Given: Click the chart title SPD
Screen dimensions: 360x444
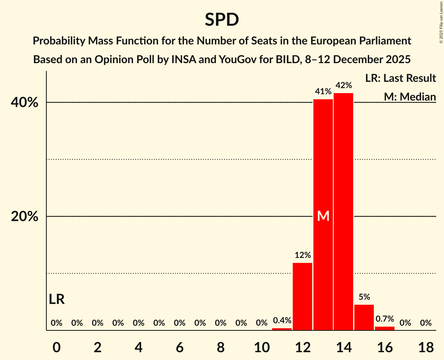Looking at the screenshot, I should tap(222, 20).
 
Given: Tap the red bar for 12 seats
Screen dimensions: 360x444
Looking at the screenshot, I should tap(302, 296).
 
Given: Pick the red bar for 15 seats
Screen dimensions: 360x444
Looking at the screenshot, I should tap(364, 317).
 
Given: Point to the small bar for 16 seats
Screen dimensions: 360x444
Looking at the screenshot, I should tap(384, 328).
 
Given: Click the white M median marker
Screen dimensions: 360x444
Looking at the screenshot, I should tap(323, 216).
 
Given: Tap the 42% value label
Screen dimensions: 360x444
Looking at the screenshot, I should tap(343, 85).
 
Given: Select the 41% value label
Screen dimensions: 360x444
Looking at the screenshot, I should tap(323, 92).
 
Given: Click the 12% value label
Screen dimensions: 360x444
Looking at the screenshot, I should tap(302, 255).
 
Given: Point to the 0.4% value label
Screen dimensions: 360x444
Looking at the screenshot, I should tap(282, 320).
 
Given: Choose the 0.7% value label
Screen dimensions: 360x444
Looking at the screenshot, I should tap(384, 319).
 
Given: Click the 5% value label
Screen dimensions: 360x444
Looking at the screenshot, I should tap(364, 297).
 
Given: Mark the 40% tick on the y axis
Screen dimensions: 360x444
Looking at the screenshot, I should tap(24, 103).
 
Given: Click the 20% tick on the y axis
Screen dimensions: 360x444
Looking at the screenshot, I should tap(24, 217).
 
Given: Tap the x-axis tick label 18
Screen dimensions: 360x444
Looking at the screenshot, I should tap(426, 346).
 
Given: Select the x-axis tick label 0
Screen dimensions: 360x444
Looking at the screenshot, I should tap(57, 346).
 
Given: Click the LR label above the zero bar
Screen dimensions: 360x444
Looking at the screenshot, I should tap(57, 299).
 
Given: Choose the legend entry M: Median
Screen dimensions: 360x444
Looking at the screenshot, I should tap(410, 96).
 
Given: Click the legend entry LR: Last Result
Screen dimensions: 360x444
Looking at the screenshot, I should tap(400, 78).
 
